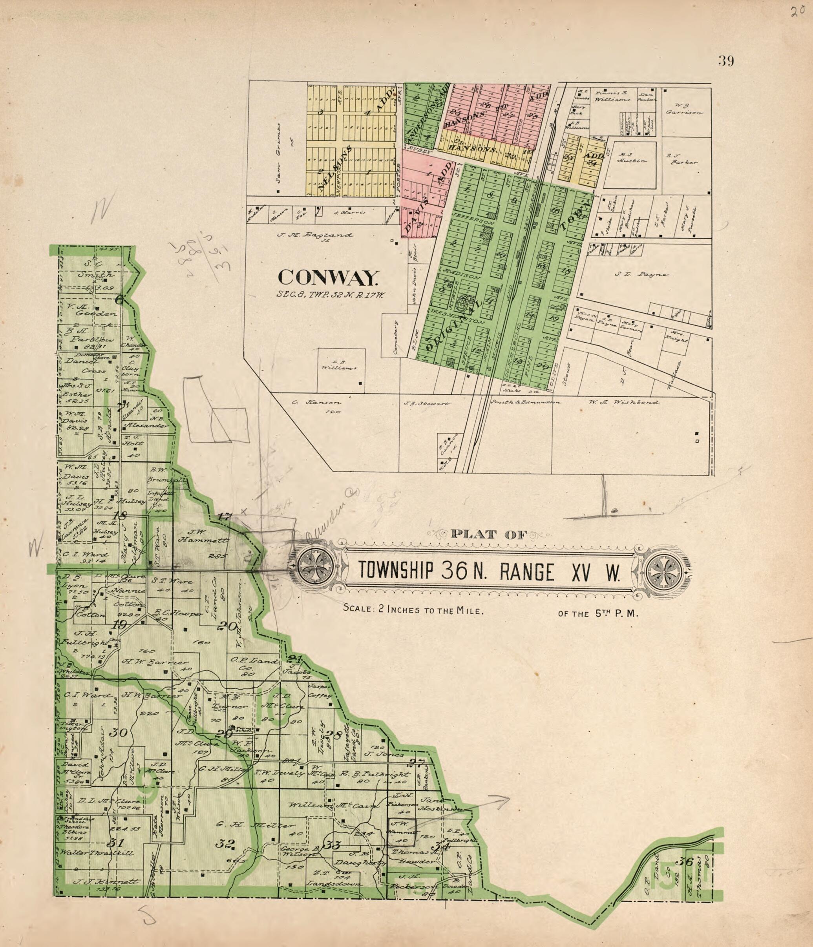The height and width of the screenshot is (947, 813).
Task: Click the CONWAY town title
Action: (328, 277)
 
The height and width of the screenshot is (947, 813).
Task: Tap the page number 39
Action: (726, 61)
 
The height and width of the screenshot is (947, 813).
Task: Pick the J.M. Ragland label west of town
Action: (315, 235)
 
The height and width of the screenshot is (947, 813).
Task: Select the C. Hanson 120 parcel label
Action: (316, 406)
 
